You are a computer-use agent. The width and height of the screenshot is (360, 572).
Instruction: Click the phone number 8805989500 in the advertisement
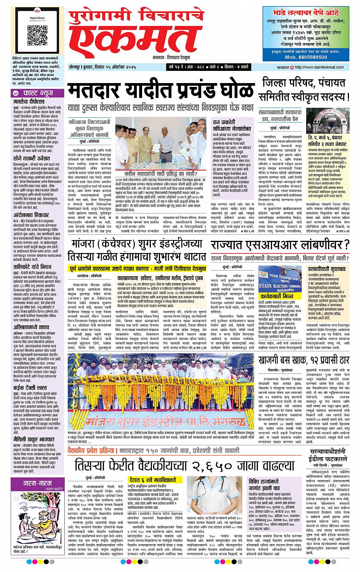310,57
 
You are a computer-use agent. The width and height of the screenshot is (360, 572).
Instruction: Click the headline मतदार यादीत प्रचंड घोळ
160,91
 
